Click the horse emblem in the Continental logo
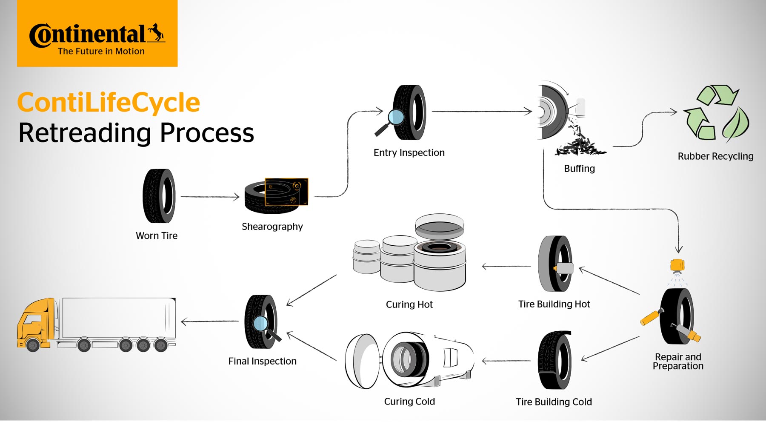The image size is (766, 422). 156,33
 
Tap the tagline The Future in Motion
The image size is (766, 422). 101,52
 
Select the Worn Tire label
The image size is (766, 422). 156,235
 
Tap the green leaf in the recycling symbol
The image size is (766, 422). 736,123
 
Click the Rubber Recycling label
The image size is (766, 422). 715,156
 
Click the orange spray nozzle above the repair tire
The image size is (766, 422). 677,265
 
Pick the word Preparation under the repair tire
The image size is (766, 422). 678,366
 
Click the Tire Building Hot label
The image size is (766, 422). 554,304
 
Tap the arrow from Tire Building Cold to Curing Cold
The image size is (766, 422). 506,361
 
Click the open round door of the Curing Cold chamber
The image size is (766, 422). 362,361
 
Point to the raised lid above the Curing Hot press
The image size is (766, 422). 440,226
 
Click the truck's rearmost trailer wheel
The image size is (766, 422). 160,344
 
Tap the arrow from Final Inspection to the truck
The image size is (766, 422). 209,322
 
